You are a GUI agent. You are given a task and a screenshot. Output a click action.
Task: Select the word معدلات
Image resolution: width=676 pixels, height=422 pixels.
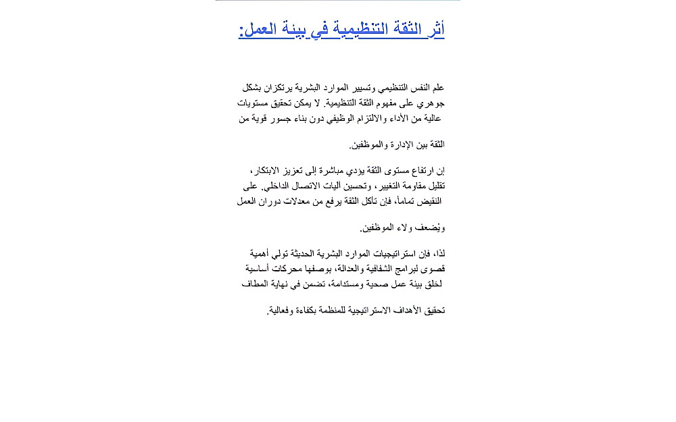293,201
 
